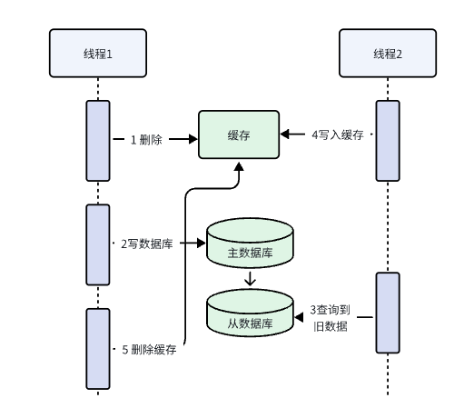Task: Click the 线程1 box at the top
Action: pyautogui.click(x=97, y=54)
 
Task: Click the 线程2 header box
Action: pyautogui.click(x=388, y=54)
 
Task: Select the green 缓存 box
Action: pyautogui.click(x=239, y=135)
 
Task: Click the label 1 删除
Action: pyautogui.click(x=146, y=140)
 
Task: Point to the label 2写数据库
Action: pyautogui.click(x=148, y=244)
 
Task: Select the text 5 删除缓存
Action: pyautogui.click(x=148, y=350)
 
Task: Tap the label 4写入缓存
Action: pyautogui.click(x=337, y=134)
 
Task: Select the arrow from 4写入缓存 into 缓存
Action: pyautogui.click(x=292, y=134)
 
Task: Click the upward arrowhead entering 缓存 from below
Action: pyautogui.click(x=239, y=170)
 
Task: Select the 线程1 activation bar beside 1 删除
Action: pyautogui.click(x=97, y=140)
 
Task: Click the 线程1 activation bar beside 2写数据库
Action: pyautogui.click(x=97, y=244)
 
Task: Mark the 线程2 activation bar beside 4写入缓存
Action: pyautogui.click(x=388, y=140)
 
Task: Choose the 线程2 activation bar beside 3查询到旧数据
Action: pyautogui.click(x=388, y=312)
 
